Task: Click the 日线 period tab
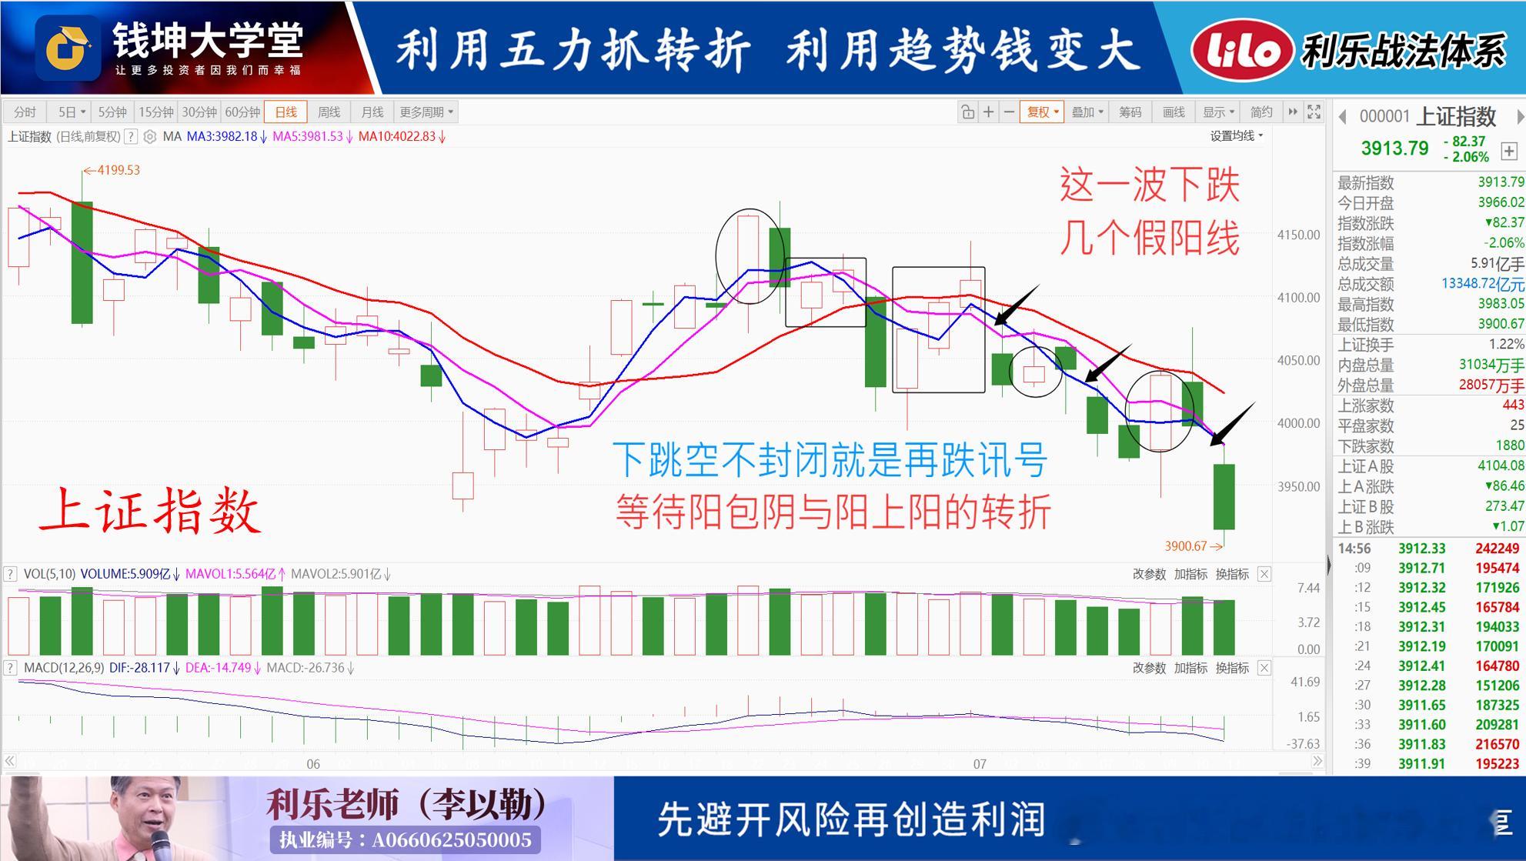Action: coord(285,112)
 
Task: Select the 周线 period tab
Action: coord(329,112)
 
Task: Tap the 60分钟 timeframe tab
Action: coord(242,112)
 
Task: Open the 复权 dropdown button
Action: coord(1042,112)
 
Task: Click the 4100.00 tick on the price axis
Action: coord(1298,298)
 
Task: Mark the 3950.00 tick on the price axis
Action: coord(1298,487)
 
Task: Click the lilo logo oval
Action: coord(1241,50)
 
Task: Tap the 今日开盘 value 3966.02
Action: coord(1501,202)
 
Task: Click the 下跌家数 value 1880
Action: coord(1509,446)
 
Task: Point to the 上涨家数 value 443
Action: coord(1513,405)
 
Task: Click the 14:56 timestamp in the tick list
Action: coord(1354,549)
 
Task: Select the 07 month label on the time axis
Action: coord(980,764)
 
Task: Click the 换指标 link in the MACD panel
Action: coord(1232,668)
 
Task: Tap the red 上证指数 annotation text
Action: coord(151,511)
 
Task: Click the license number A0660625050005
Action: coord(452,839)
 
